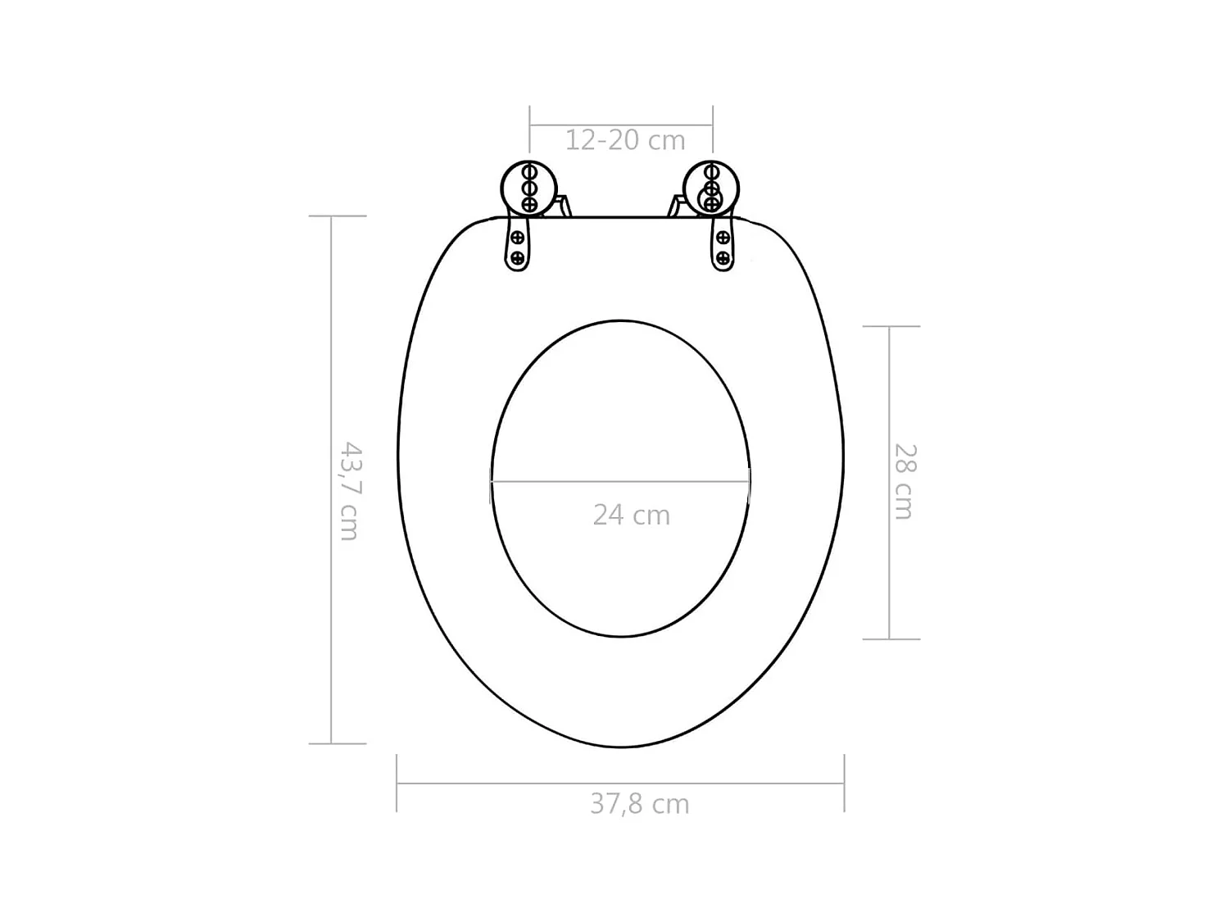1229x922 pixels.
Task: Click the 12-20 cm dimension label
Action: click(x=624, y=140)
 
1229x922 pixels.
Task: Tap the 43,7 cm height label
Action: click(x=350, y=491)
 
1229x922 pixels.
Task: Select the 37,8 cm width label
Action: click(x=639, y=804)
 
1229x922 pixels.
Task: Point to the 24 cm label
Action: click(x=631, y=515)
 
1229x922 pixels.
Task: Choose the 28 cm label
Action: click(x=903, y=481)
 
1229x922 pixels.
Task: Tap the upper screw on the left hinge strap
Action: click(x=518, y=238)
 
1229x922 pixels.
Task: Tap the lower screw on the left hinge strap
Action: click(x=518, y=258)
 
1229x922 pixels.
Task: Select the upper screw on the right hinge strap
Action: click(x=723, y=238)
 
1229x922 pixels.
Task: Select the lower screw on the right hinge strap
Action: click(x=723, y=258)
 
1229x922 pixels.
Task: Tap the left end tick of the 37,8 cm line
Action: click(x=397, y=783)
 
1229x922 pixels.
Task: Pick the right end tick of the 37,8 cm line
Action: click(x=844, y=783)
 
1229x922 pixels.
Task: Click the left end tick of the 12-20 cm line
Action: click(x=530, y=126)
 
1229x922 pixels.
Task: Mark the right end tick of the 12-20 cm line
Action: click(x=712, y=126)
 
